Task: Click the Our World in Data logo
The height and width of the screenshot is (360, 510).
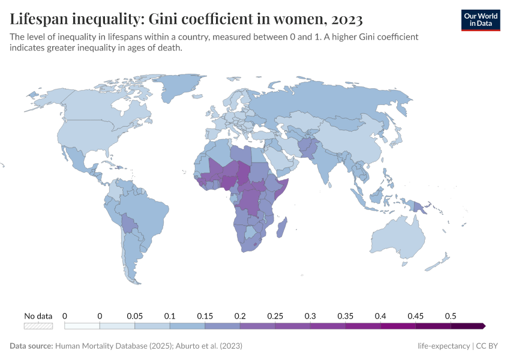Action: (x=480, y=20)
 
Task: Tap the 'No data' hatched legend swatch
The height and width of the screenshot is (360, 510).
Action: (x=38, y=326)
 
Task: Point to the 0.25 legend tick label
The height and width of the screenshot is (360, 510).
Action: (x=275, y=316)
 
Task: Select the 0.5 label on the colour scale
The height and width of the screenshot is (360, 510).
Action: (x=451, y=316)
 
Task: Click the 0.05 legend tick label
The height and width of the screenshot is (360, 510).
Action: (x=134, y=316)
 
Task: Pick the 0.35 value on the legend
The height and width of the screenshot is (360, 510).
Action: (x=345, y=316)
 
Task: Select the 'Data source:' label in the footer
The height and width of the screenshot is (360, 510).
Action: (x=31, y=346)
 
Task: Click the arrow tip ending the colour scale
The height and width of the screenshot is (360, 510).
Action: (x=484, y=326)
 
